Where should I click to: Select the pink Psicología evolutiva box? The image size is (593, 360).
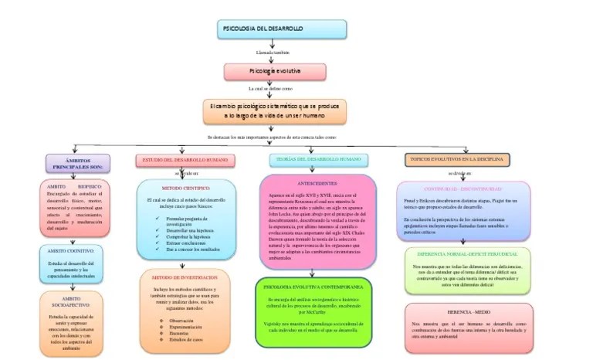coord(274,71)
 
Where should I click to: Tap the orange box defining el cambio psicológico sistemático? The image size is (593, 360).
coord(275,110)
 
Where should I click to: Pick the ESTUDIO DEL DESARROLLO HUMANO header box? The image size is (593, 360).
coord(183,160)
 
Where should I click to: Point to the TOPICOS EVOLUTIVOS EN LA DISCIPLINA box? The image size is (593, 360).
coord(457,160)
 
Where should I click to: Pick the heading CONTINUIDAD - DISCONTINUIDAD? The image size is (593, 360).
coord(463,188)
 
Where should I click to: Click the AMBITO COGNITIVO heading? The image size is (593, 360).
coord(71,251)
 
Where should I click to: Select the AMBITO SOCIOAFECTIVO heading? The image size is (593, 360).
coord(71,301)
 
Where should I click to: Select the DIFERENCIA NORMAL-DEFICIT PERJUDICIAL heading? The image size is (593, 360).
coord(467,253)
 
